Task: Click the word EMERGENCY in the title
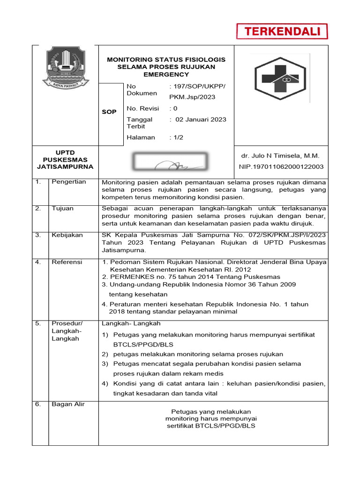coord(166,75)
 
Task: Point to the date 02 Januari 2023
coord(201,120)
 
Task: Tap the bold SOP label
coord(109,112)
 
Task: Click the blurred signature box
coord(170,161)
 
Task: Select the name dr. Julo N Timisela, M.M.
coord(280,156)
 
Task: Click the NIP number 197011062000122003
coord(281,167)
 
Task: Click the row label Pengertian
coord(69,182)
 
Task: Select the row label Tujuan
coord(62,209)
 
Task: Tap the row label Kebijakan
coord(67,235)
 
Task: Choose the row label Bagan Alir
coord(68,405)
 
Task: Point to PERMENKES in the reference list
coord(128,277)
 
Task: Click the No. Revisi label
coord(143,108)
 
